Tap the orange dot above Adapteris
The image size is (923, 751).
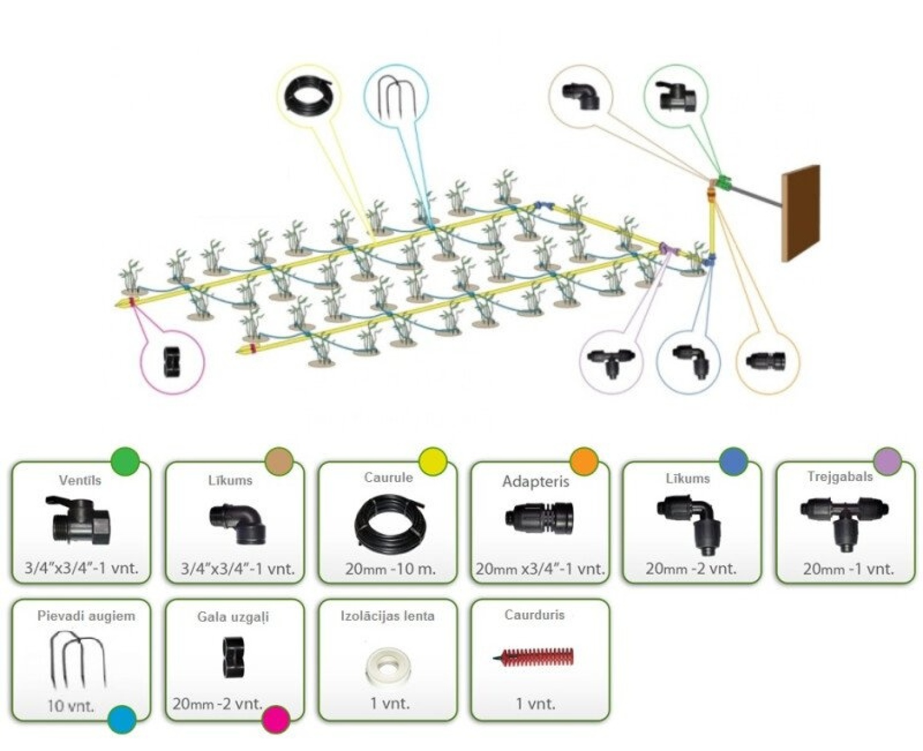tap(584, 461)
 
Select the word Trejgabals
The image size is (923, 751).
tap(839, 477)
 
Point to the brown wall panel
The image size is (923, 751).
tap(801, 213)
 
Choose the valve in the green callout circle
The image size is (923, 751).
tap(675, 97)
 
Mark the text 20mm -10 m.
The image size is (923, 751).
tap(390, 569)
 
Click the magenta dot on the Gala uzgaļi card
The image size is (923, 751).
tap(276, 719)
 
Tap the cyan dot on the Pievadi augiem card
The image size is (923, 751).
tap(122, 719)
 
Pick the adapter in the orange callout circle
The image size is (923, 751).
tap(767, 360)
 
